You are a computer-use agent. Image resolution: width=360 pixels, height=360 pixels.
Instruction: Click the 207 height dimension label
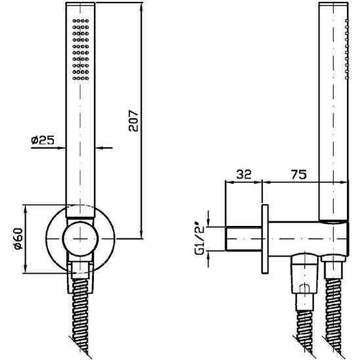point(133,121)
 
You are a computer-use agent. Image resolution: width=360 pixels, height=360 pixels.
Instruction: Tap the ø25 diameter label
point(43,140)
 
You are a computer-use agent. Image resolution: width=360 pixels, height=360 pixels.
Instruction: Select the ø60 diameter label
point(18,238)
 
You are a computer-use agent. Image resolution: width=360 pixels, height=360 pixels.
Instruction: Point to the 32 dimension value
point(244,175)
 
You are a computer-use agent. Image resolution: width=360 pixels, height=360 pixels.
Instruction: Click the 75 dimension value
point(299,175)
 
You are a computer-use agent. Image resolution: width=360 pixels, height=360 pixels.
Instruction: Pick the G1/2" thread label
point(199,238)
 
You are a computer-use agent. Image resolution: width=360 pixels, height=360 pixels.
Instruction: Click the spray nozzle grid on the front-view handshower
point(81,49)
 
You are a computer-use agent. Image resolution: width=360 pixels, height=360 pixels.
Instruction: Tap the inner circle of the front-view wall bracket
point(80,239)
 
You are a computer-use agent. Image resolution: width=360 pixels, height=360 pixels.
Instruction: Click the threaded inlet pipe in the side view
point(244,238)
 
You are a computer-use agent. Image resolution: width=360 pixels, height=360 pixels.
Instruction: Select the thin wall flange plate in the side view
point(265,239)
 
